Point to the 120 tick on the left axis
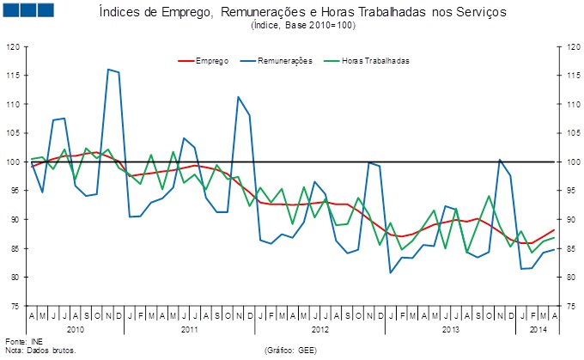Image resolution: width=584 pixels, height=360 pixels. click(x=14, y=46)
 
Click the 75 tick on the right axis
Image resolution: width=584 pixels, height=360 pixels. click(x=568, y=306)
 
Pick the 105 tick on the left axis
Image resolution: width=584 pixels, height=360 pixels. click(x=14, y=133)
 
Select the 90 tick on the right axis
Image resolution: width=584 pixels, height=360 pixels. click(x=568, y=219)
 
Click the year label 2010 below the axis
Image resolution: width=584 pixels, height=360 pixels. click(x=76, y=329)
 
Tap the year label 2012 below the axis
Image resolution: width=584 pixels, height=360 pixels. click(x=319, y=329)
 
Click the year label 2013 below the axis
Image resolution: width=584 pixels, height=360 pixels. click(x=449, y=329)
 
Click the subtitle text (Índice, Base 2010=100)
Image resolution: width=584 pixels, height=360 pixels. click(x=303, y=26)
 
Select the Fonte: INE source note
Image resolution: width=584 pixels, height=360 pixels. click(x=22, y=343)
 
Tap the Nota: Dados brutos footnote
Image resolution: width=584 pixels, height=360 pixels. click(x=40, y=351)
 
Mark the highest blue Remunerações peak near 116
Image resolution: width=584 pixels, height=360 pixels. click(x=108, y=70)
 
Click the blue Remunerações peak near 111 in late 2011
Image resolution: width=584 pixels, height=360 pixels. click(x=238, y=97)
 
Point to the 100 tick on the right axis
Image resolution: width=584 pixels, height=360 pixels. click(x=568, y=162)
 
